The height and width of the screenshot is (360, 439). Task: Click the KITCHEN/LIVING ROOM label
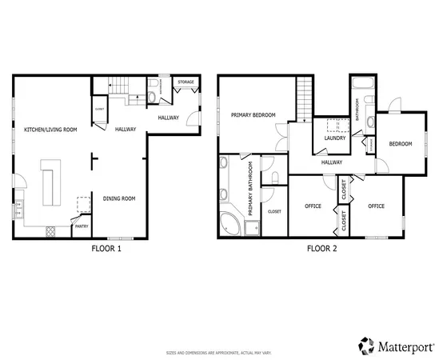click(x=50, y=129)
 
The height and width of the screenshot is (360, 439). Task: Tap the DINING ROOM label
click(x=118, y=198)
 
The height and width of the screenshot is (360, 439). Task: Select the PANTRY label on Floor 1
click(x=81, y=226)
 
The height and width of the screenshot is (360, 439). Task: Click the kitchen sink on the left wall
click(x=18, y=210)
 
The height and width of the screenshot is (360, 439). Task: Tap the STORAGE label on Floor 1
click(x=186, y=82)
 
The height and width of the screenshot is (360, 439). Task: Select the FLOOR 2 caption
click(x=322, y=249)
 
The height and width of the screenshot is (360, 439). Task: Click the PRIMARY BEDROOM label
click(x=253, y=115)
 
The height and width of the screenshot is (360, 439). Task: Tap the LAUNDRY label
click(x=334, y=138)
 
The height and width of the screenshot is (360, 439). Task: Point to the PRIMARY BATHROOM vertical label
click(x=250, y=188)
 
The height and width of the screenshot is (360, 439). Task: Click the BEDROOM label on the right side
click(x=400, y=144)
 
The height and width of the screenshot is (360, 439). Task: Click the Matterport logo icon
click(x=366, y=346)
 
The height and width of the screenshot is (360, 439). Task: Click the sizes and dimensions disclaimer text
click(x=219, y=353)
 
